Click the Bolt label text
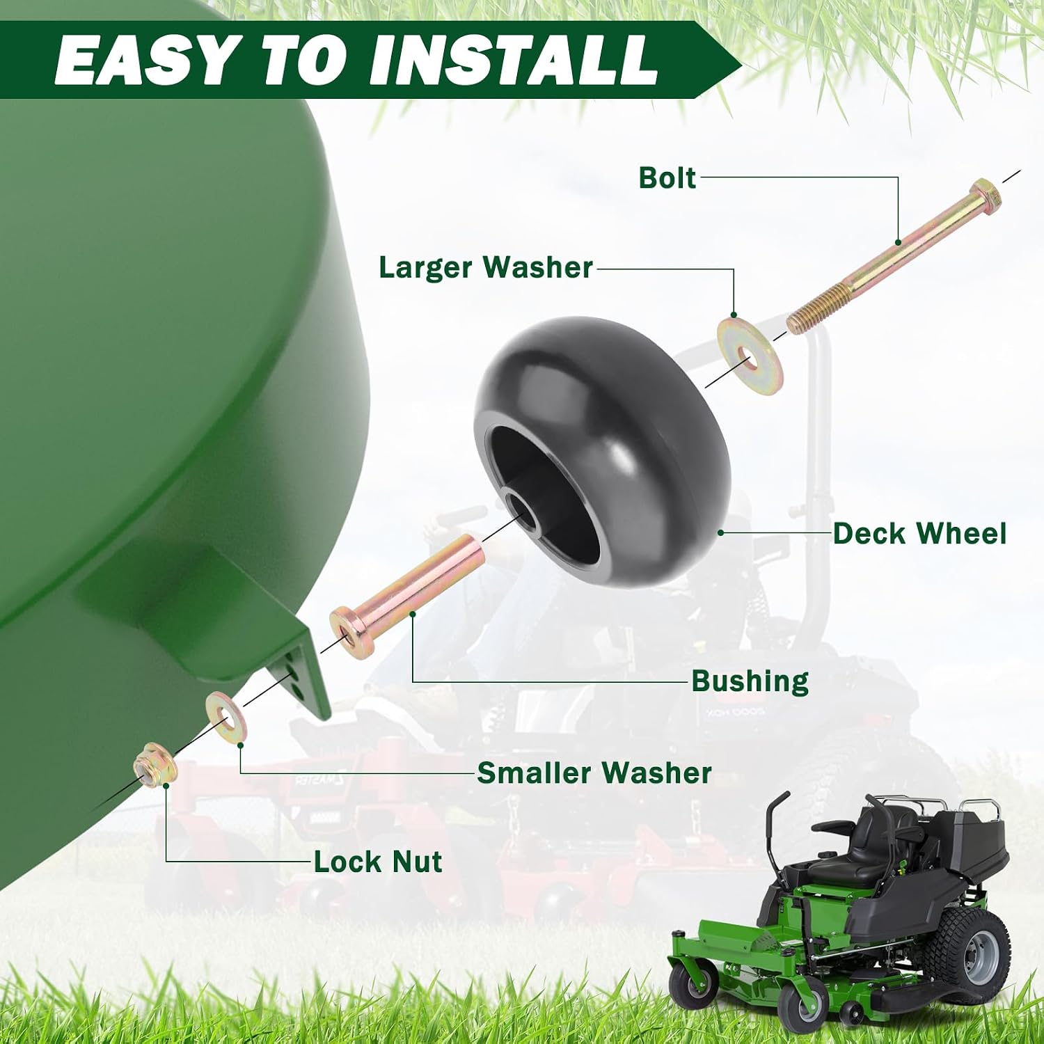pos(667,178)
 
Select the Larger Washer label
pos(485,268)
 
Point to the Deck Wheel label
pos(919,534)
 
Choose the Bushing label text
pos(750,681)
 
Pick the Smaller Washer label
pos(594,773)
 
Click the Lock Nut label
pos(377,862)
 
